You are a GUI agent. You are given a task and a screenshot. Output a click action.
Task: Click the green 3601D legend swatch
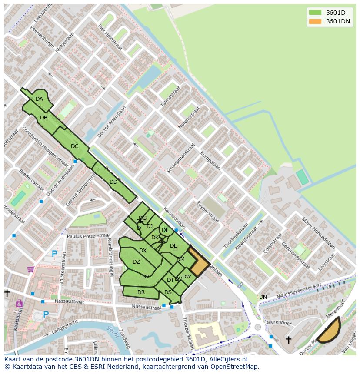coord(315,13)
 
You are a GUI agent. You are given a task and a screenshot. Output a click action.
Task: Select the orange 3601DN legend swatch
coord(315,21)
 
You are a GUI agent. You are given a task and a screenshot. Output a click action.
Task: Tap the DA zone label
coord(40,99)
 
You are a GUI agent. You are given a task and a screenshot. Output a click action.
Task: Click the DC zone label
coord(75,146)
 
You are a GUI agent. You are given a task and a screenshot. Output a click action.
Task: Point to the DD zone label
coord(113,182)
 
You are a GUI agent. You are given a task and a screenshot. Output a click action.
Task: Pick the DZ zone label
coord(136,262)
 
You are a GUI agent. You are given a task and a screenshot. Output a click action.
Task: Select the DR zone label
coord(141,292)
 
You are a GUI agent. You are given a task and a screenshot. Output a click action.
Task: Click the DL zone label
coord(173,246)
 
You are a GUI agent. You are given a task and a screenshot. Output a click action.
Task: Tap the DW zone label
coord(187,277)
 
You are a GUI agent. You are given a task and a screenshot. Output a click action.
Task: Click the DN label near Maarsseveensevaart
coord(263,297)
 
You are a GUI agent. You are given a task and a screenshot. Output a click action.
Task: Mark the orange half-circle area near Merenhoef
coord(330,331)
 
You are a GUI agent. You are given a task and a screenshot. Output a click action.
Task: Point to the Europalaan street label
coord(210,161)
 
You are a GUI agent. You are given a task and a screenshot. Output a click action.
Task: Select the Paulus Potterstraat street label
coord(88,236)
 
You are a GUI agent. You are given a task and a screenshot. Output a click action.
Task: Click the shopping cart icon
coord(30,270)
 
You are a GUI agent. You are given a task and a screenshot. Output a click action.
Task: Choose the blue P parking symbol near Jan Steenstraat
coord(54,254)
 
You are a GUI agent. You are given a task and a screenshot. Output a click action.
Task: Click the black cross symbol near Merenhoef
coord(288,340)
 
